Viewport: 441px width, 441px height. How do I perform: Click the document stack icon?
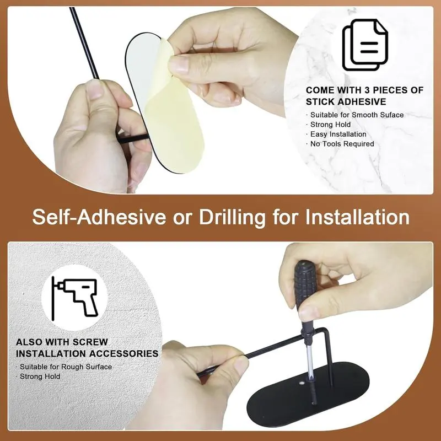point(365,45)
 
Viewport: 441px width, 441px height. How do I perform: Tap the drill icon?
point(74,298)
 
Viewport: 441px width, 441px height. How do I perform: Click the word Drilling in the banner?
point(232,218)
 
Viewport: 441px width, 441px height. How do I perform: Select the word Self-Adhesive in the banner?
point(99,217)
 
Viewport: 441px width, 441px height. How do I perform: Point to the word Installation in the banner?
point(357,217)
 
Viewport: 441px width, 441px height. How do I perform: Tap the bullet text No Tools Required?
point(342,144)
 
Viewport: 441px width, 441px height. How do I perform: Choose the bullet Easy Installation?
point(338,134)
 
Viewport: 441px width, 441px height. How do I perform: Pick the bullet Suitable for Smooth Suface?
point(357,115)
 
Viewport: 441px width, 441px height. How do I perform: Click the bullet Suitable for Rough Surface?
point(66,367)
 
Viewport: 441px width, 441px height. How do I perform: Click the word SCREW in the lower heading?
point(90,342)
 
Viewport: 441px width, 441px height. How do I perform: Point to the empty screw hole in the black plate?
point(302,383)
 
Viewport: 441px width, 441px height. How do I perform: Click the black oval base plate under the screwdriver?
point(308,395)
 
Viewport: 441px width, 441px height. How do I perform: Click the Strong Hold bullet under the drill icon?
point(40,377)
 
